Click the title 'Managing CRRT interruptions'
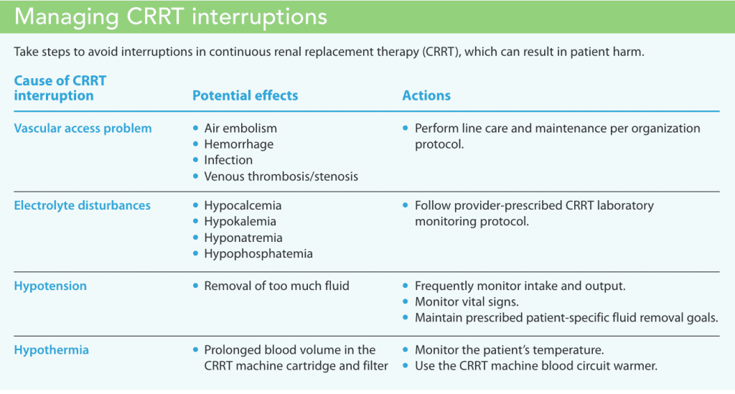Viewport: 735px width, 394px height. click(170, 17)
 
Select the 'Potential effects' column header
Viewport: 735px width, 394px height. click(245, 95)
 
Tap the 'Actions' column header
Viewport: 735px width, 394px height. click(426, 95)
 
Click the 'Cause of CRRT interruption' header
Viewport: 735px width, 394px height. click(60, 88)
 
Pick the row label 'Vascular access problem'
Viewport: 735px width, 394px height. click(83, 128)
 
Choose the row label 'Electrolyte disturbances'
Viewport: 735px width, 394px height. click(83, 206)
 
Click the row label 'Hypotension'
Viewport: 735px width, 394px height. click(50, 286)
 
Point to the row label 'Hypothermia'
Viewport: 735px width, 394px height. click(52, 350)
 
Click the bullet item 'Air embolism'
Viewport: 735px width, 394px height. click(240, 128)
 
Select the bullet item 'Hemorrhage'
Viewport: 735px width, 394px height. click(239, 144)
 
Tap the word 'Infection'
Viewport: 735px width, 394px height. click(228, 160)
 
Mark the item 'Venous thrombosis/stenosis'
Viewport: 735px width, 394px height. click(281, 177)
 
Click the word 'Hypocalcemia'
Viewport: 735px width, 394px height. click(243, 206)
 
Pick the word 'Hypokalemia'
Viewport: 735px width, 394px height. click(240, 222)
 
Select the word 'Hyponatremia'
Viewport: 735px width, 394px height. click(243, 238)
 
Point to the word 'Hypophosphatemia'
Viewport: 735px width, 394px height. click(258, 254)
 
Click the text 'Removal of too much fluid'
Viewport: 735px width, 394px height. click(276, 286)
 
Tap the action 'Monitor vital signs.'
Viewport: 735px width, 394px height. click(467, 302)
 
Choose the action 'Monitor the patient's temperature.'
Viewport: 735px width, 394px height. click(510, 350)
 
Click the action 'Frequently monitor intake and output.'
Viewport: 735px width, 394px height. click(520, 286)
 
